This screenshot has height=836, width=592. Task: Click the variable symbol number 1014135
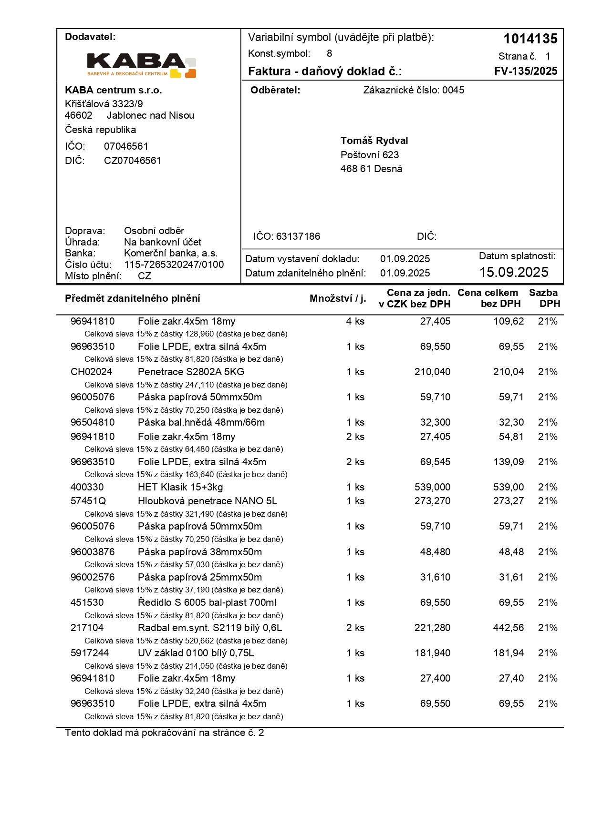click(530, 39)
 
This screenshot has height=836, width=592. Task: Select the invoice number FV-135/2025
click(526, 71)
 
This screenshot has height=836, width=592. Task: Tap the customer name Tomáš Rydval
click(374, 141)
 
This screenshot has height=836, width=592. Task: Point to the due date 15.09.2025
click(514, 272)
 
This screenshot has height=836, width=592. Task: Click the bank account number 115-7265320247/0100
click(174, 265)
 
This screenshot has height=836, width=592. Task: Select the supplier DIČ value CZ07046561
click(133, 161)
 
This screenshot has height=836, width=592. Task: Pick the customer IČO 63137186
click(298, 236)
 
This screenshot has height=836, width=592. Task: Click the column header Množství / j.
click(338, 298)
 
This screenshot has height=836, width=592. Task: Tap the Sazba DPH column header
click(544, 298)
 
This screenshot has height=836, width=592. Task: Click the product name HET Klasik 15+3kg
click(180, 487)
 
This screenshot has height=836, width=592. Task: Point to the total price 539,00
click(508, 487)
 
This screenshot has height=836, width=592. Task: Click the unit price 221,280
click(432, 628)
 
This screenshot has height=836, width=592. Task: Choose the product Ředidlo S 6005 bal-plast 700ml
click(207, 602)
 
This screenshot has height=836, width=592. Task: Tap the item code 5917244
click(90, 653)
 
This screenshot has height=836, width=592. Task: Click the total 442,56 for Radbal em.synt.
click(508, 628)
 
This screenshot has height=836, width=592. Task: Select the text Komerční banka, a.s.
click(171, 253)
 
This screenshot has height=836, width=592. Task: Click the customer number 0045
click(453, 90)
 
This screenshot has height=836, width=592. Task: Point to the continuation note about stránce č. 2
click(165, 733)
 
